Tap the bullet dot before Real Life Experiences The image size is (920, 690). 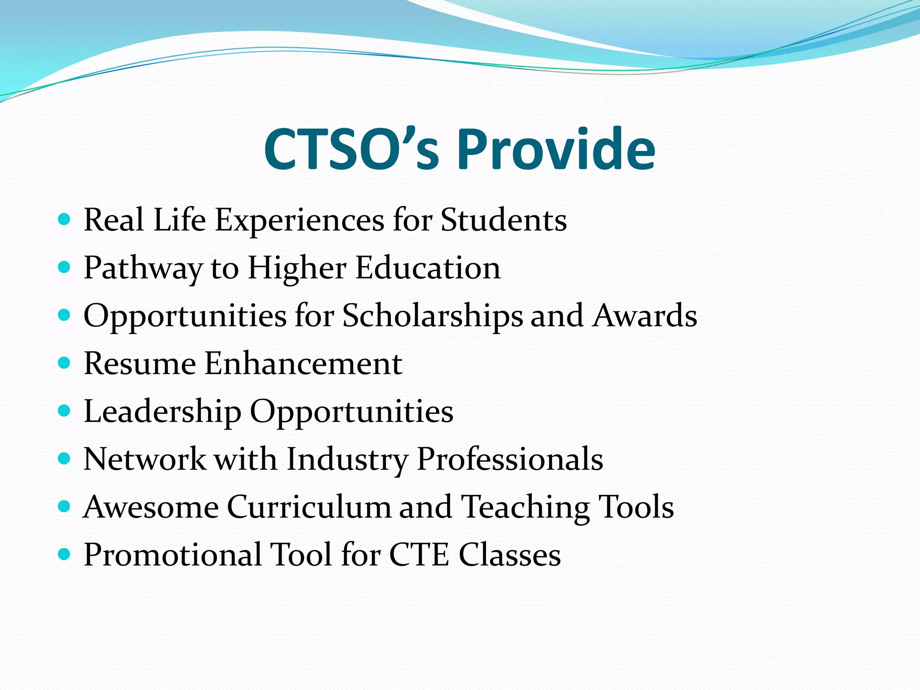point(65,220)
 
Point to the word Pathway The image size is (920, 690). point(143,268)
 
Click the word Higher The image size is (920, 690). point(297,268)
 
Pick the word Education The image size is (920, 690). point(428,268)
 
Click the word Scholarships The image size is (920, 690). point(433,316)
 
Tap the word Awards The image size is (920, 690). point(645,316)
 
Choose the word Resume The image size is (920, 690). point(140,363)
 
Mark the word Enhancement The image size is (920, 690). point(304,363)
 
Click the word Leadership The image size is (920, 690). point(162,411)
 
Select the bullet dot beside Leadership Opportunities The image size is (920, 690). point(65,411)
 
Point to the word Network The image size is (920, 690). point(144,459)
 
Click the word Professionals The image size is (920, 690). point(510,459)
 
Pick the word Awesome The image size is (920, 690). point(151,507)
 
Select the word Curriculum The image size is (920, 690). point(309,507)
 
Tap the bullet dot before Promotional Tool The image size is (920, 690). point(65,554)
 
